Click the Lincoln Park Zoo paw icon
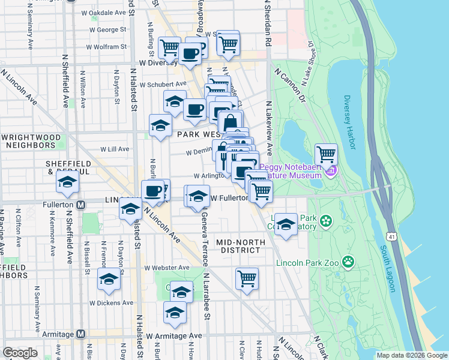click(348, 262)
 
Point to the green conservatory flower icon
click(327, 220)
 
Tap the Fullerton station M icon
click(81, 204)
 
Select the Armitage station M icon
click(81, 334)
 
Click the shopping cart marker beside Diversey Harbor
click(326, 154)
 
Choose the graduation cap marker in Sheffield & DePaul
click(67, 182)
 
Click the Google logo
click(20, 353)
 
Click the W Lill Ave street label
click(115, 149)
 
